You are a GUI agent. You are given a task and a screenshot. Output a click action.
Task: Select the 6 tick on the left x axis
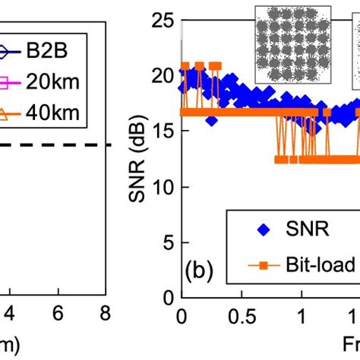coord(57,313)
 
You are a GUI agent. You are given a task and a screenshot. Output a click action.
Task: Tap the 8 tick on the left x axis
coord(105,313)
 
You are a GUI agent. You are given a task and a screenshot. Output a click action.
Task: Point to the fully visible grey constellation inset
coord(289,43)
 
